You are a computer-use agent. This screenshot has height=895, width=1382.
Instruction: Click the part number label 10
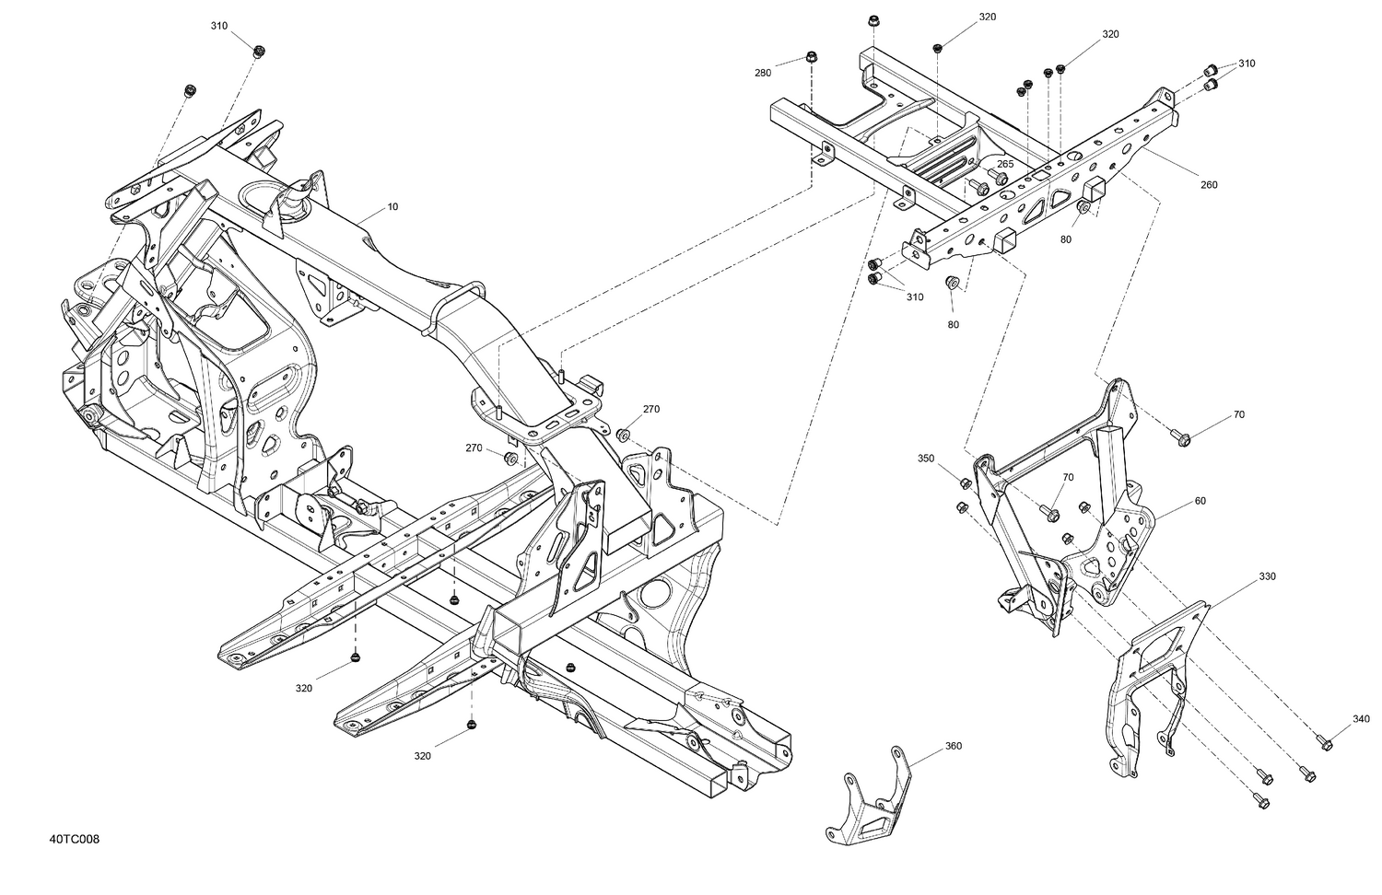[x=392, y=207]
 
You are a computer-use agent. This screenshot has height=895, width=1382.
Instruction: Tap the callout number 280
[x=763, y=73]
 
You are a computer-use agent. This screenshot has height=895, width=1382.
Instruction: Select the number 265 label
[x=1005, y=164]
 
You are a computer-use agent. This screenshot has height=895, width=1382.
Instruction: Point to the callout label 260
[x=1209, y=185]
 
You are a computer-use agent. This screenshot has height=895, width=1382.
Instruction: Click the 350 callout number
[x=926, y=458]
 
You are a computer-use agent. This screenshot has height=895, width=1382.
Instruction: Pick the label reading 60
[x=1200, y=502]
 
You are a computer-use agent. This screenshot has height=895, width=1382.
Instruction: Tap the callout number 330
[x=1268, y=576]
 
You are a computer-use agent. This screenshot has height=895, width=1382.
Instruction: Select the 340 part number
[x=1362, y=719]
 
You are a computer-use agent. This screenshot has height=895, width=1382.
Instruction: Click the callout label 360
[x=953, y=746]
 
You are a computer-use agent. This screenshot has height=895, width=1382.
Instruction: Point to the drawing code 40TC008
[x=76, y=840]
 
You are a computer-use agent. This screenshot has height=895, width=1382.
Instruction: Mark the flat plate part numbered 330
[x=1156, y=681]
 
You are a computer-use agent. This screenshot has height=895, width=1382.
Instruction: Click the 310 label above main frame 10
[x=218, y=26]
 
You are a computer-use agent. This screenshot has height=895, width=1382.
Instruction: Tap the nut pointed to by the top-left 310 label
[x=259, y=51]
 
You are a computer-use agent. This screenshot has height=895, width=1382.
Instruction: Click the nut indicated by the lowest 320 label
[x=472, y=726]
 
